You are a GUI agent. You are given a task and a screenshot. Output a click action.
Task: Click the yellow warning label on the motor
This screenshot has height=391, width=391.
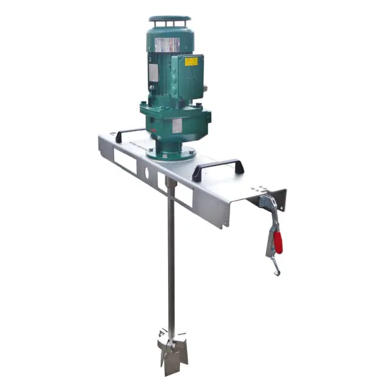pyautogui.click(x=191, y=62)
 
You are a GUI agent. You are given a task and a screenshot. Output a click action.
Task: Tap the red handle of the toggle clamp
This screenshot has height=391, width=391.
pyautogui.click(x=278, y=242)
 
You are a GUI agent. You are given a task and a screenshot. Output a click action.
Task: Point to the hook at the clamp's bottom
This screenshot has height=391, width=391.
pyautogui.click(x=276, y=268)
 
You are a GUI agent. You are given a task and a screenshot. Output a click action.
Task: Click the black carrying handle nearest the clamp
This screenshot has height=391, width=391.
pyautogui.click(x=218, y=168)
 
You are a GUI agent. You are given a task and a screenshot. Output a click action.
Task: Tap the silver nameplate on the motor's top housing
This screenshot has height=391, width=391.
pyautogui.click(x=167, y=45)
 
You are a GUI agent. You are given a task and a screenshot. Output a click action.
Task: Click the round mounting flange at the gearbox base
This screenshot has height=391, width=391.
pyautogui.click(x=171, y=154)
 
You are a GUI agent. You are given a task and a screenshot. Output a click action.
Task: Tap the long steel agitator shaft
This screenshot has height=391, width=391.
pyautogui.click(x=171, y=261)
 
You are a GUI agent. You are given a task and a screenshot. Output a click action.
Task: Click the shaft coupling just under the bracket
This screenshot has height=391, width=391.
pyautogui.click(x=171, y=184)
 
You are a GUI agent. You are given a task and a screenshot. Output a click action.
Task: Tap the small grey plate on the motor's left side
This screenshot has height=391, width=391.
pyautogui.click(x=153, y=72)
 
